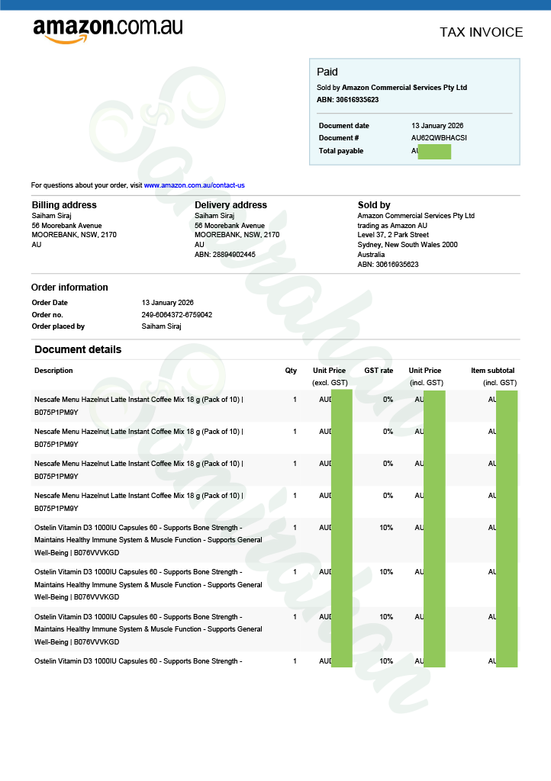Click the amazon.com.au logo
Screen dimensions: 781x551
[x=108, y=30]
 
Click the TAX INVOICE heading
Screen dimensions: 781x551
[x=481, y=32]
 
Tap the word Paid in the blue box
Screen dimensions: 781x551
[x=327, y=72]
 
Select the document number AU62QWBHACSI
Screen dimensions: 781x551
[x=439, y=138]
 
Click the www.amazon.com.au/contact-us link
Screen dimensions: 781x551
[x=194, y=185]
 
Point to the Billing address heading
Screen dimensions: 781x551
[x=64, y=205]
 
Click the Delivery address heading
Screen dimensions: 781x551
[x=230, y=205]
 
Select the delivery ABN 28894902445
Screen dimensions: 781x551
[x=225, y=255]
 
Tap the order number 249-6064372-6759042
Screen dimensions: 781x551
[x=177, y=315]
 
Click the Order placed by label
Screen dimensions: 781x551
[x=58, y=326]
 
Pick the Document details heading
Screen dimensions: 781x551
[x=78, y=350]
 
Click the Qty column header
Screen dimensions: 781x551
[x=291, y=371]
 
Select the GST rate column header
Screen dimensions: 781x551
[x=379, y=371]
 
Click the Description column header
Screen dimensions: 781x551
[x=53, y=371]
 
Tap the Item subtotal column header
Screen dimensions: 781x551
[x=492, y=371]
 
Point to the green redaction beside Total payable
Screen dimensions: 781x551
[x=434, y=151]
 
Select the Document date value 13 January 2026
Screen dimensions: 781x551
[x=437, y=126]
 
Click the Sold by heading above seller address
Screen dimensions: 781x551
[x=374, y=205]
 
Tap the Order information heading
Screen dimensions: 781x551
[x=69, y=288]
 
